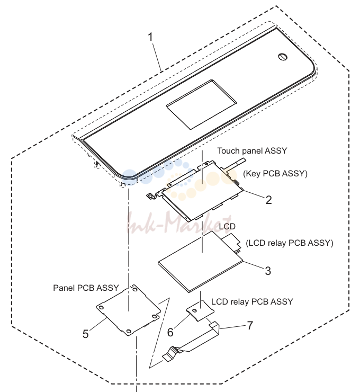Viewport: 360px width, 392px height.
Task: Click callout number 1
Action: (x=150, y=37)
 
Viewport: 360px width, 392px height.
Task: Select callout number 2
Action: (x=268, y=200)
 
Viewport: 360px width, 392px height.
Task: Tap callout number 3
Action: (x=268, y=271)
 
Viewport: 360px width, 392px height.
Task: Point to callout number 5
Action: (x=85, y=334)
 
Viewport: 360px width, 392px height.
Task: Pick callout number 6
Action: (x=170, y=332)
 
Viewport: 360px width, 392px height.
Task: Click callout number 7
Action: (x=250, y=325)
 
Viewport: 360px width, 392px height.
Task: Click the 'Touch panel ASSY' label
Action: (x=252, y=151)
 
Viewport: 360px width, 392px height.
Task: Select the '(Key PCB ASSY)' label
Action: (x=275, y=173)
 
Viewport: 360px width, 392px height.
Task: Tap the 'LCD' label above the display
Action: (x=227, y=226)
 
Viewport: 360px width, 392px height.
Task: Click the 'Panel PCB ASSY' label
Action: (x=86, y=288)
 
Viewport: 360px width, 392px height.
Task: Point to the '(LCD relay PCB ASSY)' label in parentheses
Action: (x=290, y=243)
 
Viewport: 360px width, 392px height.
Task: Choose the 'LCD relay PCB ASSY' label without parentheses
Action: (x=252, y=301)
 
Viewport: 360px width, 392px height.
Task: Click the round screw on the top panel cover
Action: (x=283, y=57)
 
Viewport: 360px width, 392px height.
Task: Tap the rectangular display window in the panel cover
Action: (x=201, y=104)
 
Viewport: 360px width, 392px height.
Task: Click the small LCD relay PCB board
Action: (x=200, y=310)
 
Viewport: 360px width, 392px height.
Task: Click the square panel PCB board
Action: (x=129, y=310)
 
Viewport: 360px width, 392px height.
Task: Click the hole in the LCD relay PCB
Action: (x=195, y=310)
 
